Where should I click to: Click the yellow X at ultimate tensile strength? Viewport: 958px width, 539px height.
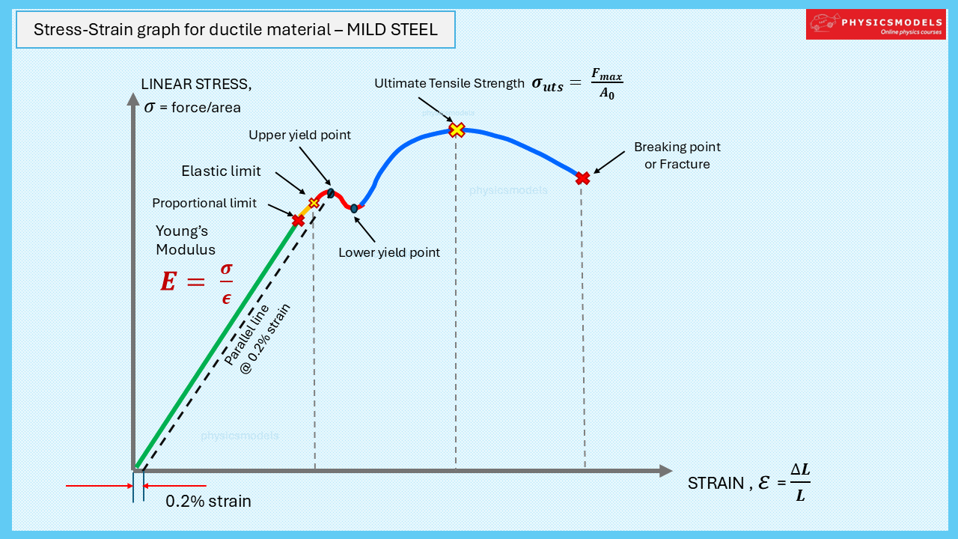pyautogui.click(x=457, y=130)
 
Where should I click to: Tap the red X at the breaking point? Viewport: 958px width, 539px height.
pyautogui.click(x=582, y=178)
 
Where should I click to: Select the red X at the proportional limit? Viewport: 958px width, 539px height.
pyautogui.click(x=298, y=220)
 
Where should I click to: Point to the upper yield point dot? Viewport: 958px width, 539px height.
pyautogui.click(x=331, y=193)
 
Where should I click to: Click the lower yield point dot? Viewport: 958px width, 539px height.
pyautogui.click(x=354, y=209)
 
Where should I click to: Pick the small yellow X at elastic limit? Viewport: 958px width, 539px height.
pyautogui.click(x=314, y=203)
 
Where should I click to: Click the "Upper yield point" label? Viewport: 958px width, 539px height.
pyautogui.click(x=299, y=135)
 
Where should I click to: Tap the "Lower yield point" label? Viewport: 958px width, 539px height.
pyautogui.click(x=389, y=253)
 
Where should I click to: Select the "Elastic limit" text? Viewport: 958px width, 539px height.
pyautogui.click(x=221, y=171)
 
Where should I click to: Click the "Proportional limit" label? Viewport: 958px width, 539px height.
pyautogui.click(x=204, y=203)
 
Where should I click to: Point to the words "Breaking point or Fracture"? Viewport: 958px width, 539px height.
pyautogui.click(x=677, y=155)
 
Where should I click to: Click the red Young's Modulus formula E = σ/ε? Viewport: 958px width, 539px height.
pyautogui.click(x=197, y=282)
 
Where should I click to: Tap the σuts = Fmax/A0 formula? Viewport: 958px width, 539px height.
pyautogui.click(x=577, y=84)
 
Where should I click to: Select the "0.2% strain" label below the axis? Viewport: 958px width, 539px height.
pyautogui.click(x=208, y=501)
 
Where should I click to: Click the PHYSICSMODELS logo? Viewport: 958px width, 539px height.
pyautogui.click(x=876, y=25)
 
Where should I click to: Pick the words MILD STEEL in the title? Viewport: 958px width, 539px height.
pyautogui.click(x=392, y=29)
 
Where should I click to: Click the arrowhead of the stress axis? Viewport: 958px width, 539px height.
pyautogui.click(x=133, y=100)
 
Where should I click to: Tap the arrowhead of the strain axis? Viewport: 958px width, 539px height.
pyautogui.click(x=666, y=471)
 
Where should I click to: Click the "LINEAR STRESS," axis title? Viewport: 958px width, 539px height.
pyautogui.click(x=196, y=85)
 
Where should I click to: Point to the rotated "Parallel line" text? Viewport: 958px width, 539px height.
pyautogui.click(x=246, y=335)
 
